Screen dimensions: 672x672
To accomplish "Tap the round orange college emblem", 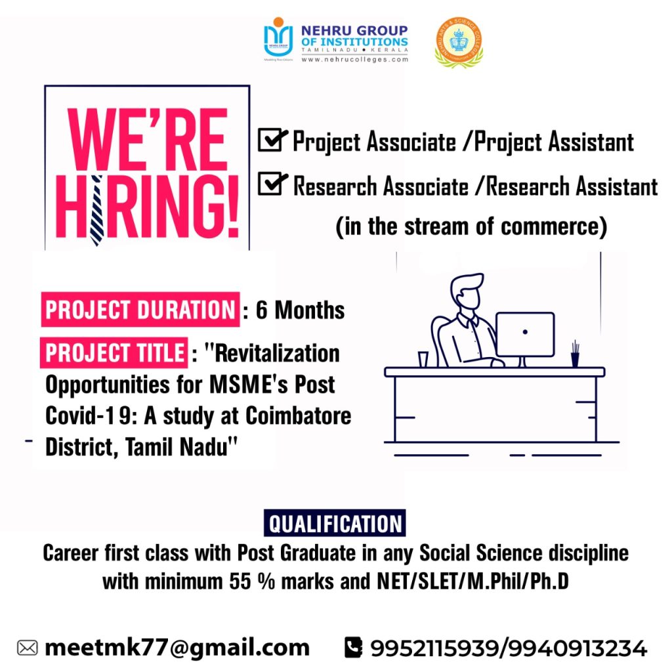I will tap(459, 41).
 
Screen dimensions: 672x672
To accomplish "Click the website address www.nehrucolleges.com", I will tap(354, 59).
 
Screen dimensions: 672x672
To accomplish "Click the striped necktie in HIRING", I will tap(97, 210).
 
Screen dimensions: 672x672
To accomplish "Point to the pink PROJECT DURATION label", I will tap(140, 310).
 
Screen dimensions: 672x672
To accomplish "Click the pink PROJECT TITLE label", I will tap(115, 353).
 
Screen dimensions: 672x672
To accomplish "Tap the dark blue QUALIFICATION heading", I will tap(335, 524).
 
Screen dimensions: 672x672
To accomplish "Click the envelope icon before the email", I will tap(27, 648).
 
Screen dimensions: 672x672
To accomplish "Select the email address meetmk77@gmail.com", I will tap(177, 648).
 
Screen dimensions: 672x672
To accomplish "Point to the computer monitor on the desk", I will tap(524, 334).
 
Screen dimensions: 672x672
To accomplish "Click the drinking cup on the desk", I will tap(423, 359).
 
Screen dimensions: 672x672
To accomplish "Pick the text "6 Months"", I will tap(300, 310).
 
